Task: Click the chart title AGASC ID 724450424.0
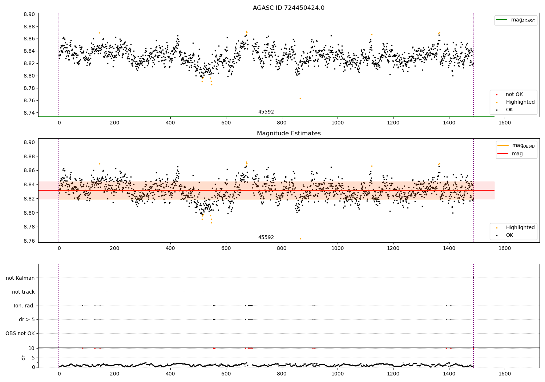click(288, 8)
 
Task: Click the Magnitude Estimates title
click(288, 134)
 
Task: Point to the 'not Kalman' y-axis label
click(20, 278)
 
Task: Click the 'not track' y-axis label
click(23, 292)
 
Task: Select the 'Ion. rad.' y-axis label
click(24, 306)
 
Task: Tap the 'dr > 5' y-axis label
click(27, 319)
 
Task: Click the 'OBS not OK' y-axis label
click(20, 333)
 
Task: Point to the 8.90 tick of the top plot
click(29, 14)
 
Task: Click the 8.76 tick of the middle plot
click(29, 241)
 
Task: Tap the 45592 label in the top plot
click(266, 112)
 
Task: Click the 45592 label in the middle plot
click(266, 238)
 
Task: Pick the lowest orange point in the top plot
click(300, 98)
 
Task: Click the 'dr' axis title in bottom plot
click(24, 358)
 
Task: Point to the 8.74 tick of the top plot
click(29, 113)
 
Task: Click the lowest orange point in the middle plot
click(300, 239)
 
